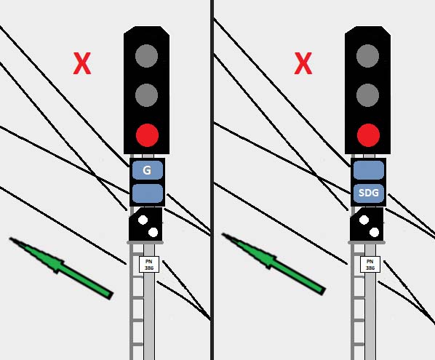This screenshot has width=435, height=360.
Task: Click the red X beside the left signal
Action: coord(82,63)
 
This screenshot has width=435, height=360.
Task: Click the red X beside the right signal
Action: coord(303,63)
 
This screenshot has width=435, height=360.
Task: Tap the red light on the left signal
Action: coord(148,135)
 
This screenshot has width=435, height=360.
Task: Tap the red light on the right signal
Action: coord(368,135)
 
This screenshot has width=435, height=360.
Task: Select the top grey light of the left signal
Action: coord(146,56)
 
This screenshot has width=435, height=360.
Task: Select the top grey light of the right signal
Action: coord(367,56)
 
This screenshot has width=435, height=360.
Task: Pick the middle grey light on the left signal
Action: coord(146,95)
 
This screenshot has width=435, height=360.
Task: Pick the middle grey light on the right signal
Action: coord(367,95)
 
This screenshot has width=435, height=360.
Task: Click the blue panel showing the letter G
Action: coord(148,170)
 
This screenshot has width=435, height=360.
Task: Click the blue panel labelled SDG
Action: coord(369,193)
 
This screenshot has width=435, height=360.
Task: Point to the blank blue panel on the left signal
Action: coord(148,193)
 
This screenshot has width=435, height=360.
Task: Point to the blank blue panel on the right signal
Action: coord(369,170)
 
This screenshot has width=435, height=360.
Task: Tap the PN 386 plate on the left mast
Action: coord(149,264)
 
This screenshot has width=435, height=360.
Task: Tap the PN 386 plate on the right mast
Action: coord(370,264)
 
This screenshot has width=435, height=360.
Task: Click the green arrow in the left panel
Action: coord(61,268)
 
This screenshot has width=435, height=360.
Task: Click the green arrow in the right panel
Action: coord(274,264)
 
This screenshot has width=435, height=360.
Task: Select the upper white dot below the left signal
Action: coord(143,220)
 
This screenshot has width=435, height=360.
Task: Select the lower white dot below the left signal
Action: coord(153,233)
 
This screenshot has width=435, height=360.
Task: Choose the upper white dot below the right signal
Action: coord(364,220)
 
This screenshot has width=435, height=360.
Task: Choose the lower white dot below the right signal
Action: coord(374,233)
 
